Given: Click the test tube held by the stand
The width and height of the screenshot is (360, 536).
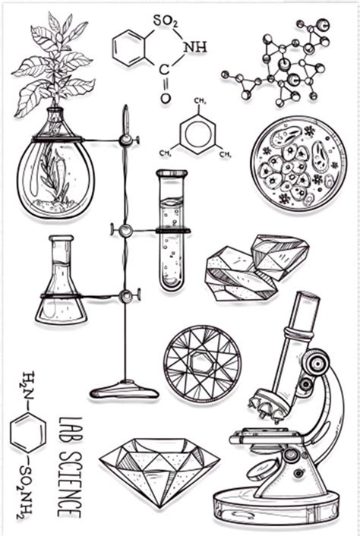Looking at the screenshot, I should pos(172,232).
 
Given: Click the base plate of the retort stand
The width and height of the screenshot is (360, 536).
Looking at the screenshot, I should pos(124,391).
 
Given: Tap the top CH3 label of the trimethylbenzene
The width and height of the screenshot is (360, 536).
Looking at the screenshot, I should pos(201,102).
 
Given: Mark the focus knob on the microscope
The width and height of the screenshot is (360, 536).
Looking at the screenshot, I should pos(313,364).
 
